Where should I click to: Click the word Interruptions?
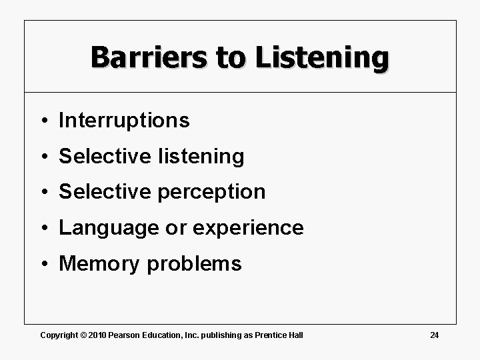tap(125, 121)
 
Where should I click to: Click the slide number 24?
tap(434, 334)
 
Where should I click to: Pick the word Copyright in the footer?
tap(59, 334)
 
